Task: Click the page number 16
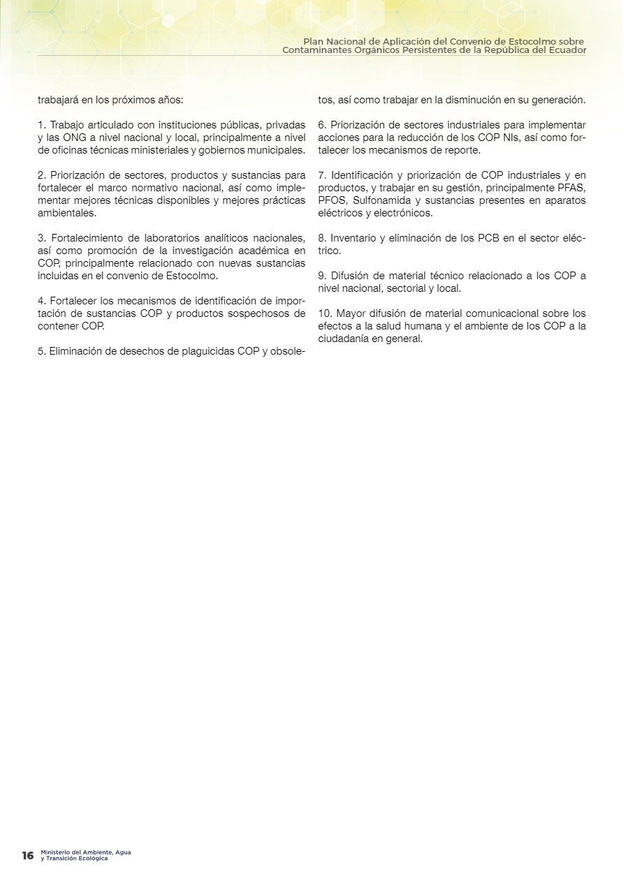tap(27, 855)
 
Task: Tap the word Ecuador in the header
tap(565, 50)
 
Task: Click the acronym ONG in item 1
tap(75, 138)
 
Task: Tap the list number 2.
tap(41, 175)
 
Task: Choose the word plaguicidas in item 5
tap(200, 351)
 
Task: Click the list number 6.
tap(321, 125)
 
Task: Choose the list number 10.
tap(324, 313)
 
